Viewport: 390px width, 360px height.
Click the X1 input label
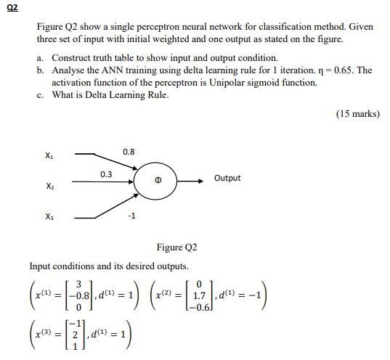[48, 155]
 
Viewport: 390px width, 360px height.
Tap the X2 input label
[48, 187]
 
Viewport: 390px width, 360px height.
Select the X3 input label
[48, 217]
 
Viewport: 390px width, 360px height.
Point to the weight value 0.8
[129, 152]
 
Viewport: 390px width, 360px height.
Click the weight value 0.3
[106, 174]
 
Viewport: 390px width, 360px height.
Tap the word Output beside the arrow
[227, 178]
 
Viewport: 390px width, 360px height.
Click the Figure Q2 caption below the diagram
[176, 247]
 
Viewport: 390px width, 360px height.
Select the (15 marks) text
[358, 114]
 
